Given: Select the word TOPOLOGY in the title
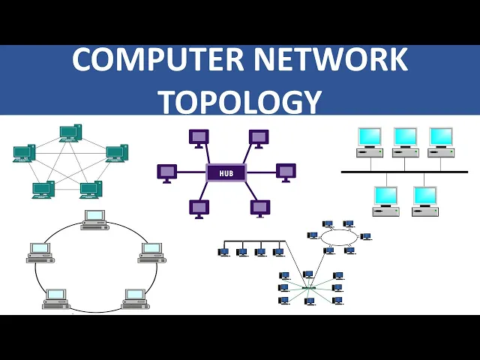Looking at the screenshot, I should pyautogui.click(x=240, y=101).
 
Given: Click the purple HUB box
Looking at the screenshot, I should pyautogui.click(x=226, y=173).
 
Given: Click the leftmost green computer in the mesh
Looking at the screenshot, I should pyautogui.click(x=24, y=153).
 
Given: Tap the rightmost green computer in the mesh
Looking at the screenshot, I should pyautogui.click(x=115, y=153).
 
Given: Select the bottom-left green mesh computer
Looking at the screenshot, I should pyautogui.click(x=43, y=189).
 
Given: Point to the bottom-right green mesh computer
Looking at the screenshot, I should pyautogui.click(x=91, y=189).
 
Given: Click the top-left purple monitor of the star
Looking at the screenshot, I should pyautogui.click(x=199, y=137).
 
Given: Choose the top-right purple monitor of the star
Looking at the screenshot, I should pyautogui.click(x=259, y=137).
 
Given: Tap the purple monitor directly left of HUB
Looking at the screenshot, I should pyautogui.click(x=166, y=172).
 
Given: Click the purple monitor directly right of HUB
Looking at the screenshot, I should pyautogui.click(x=286, y=171).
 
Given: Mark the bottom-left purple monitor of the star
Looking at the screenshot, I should pyautogui.click(x=199, y=207).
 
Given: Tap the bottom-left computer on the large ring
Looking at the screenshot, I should pyautogui.click(x=55, y=298).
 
